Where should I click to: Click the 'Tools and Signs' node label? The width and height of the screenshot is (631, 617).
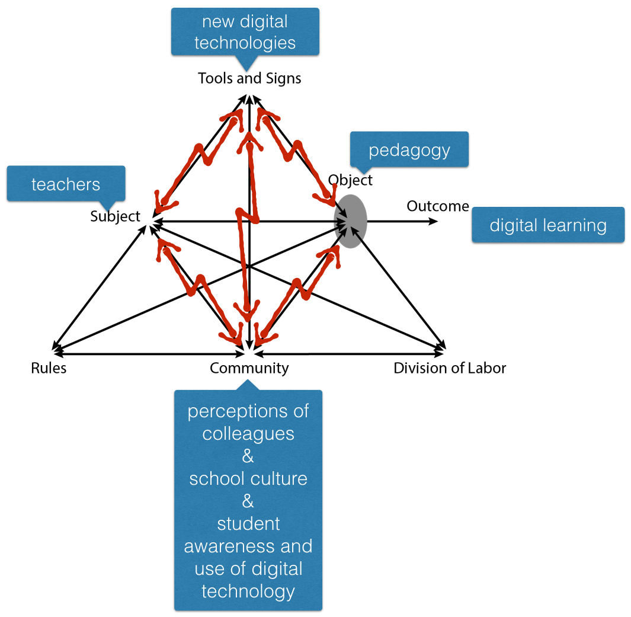(249, 78)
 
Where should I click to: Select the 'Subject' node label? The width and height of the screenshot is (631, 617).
(115, 216)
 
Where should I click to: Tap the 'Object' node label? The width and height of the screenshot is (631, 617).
(350, 180)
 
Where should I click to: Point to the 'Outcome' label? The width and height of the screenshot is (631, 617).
(438, 206)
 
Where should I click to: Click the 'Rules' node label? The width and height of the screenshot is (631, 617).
(49, 368)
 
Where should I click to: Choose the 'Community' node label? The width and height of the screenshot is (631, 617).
(249, 368)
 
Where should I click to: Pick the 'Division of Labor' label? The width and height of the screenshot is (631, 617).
(450, 368)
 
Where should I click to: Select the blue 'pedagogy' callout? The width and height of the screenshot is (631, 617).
(409, 149)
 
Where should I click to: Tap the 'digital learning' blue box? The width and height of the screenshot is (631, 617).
(548, 225)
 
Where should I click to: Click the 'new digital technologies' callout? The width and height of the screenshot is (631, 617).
(245, 32)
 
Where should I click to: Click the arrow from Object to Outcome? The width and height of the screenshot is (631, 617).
(403, 222)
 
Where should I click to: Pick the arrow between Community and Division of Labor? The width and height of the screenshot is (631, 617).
(350, 354)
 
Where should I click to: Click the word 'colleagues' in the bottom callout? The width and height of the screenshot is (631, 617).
(248, 433)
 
